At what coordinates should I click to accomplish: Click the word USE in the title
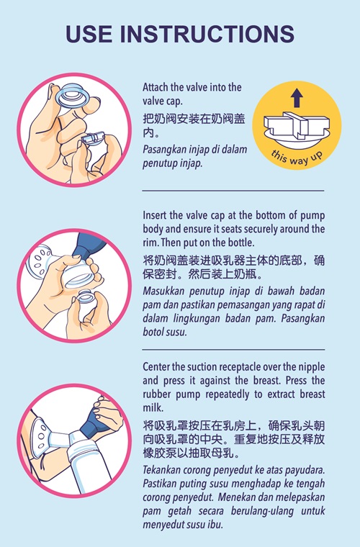89,34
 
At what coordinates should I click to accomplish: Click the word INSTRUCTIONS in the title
207,34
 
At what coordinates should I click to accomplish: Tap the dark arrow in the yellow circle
297,98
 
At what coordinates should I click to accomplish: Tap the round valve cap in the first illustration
71,95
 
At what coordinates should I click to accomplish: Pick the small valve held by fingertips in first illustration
93,137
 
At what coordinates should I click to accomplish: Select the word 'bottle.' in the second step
241,242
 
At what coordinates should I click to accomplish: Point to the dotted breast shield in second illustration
40,262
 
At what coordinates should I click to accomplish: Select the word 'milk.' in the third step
153,407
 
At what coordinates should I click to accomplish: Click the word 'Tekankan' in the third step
161,470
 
